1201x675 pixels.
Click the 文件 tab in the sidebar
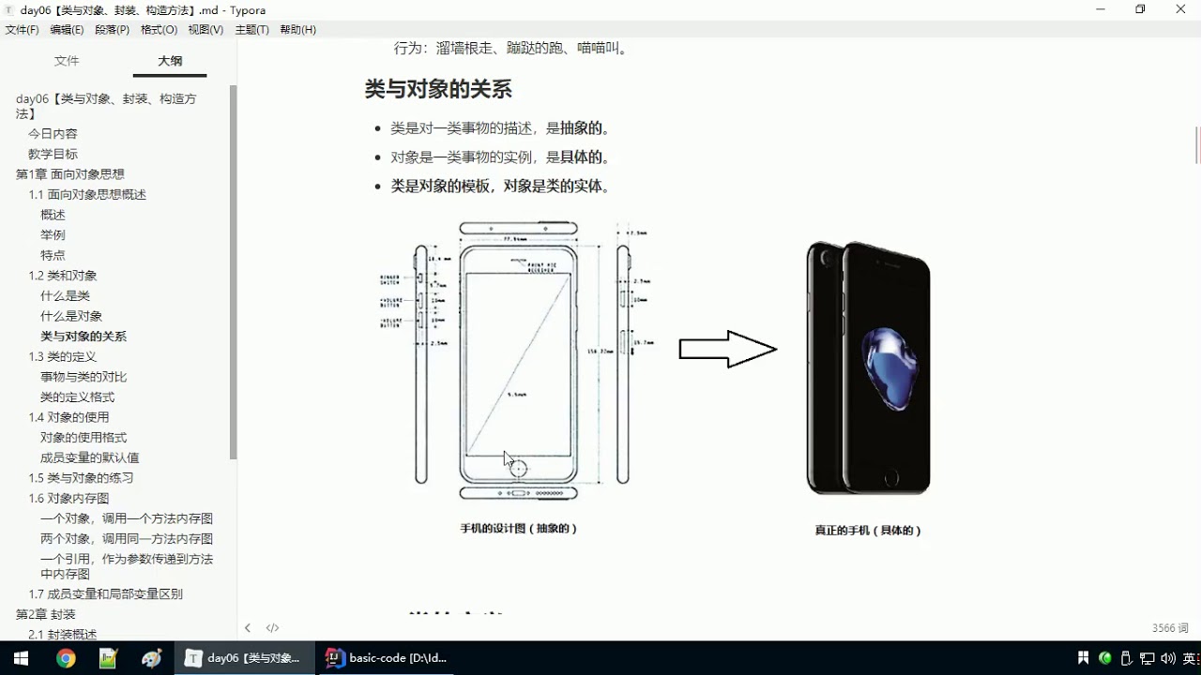point(67,61)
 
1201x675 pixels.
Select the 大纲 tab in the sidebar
point(170,61)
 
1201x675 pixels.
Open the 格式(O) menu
point(159,30)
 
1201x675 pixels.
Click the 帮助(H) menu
point(297,30)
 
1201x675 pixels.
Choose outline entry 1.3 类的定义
point(63,356)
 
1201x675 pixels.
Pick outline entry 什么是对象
point(71,316)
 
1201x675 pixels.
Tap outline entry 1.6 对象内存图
point(68,498)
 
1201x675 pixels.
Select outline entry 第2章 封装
point(46,614)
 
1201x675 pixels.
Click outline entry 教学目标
point(53,154)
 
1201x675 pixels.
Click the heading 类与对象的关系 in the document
point(438,90)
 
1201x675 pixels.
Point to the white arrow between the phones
point(727,350)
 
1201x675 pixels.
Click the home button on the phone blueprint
point(517,469)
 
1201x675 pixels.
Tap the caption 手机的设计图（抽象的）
point(518,529)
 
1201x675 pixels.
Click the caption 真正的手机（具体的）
point(868,531)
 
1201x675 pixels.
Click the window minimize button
point(1100,9)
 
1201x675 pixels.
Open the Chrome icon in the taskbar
point(66,658)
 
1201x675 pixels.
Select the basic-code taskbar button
point(387,658)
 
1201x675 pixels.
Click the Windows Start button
point(21,658)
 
